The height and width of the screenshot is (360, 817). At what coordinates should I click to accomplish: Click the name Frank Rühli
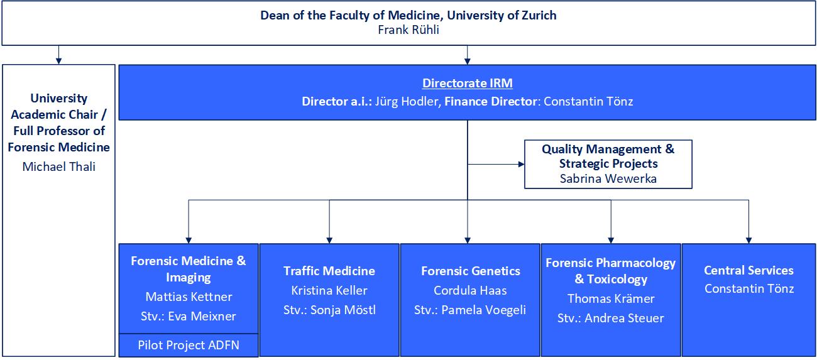pyautogui.click(x=409, y=30)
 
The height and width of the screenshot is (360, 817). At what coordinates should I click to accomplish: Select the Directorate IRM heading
pyautogui.click(x=467, y=84)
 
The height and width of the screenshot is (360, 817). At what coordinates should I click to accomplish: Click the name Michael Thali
pyautogui.click(x=59, y=166)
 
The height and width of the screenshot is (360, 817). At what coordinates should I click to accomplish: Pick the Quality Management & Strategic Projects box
pyautogui.click(x=608, y=164)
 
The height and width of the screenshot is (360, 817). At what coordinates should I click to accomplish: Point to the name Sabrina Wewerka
pyautogui.click(x=608, y=178)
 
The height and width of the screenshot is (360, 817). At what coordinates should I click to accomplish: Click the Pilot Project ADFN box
pyautogui.click(x=189, y=346)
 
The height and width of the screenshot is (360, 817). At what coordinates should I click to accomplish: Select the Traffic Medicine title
pyautogui.click(x=329, y=271)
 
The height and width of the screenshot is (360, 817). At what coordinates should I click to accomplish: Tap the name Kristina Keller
pyautogui.click(x=329, y=290)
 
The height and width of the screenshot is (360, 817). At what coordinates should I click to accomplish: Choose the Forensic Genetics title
pyautogui.click(x=471, y=271)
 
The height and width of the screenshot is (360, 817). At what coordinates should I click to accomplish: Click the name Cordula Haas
pyautogui.click(x=470, y=290)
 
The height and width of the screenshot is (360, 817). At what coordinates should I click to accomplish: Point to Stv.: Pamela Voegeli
pyautogui.click(x=470, y=310)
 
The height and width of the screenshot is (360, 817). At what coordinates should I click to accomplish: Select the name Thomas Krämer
pyautogui.click(x=611, y=298)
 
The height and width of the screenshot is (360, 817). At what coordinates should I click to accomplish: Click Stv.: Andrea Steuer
pyautogui.click(x=611, y=318)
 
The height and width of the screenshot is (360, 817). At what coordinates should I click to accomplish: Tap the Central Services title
pyautogui.click(x=748, y=270)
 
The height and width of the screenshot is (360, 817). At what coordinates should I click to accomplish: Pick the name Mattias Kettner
pyautogui.click(x=189, y=297)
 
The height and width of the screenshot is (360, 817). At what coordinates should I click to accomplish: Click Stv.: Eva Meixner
pyautogui.click(x=189, y=316)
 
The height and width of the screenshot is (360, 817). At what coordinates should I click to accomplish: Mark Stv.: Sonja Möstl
pyautogui.click(x=329, y=310)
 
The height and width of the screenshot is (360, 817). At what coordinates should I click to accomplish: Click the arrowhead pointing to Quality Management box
pyautogui.click(x=521, y=164)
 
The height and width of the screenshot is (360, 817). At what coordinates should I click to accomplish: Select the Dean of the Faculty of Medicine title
pyautogui.click(x=409, y=15)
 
